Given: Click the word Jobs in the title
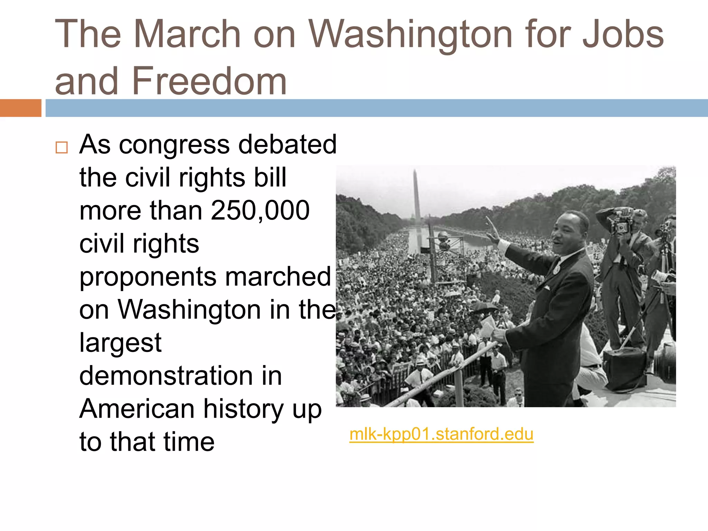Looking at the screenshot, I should [x=623, y=34].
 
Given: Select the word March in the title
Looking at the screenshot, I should [x=187, y=34].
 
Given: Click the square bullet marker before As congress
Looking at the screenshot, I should [x=62, y=148].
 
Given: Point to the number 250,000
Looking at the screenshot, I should [x=260, y=210].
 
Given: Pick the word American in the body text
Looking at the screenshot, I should [x=137, y=409].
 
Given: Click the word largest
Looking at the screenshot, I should [x=120, y=343].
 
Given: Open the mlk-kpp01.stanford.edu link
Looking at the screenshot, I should [x=441, y=434].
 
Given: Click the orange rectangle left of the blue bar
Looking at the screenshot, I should [x=20, y=108].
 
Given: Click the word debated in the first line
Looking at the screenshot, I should [x=287, y=145].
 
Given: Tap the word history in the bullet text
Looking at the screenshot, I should [x=243, y=409].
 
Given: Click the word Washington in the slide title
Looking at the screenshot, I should [x=410, y=34].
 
